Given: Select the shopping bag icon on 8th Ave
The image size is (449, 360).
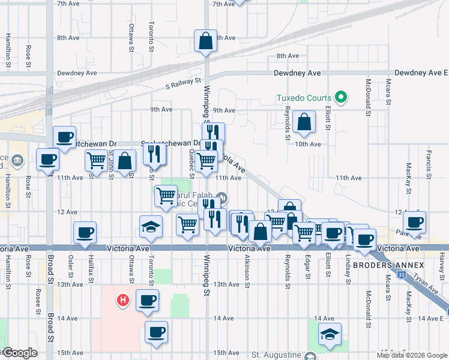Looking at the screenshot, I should click(x=205, y=42).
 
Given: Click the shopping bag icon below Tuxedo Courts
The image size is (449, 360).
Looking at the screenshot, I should click(x=305, y=121).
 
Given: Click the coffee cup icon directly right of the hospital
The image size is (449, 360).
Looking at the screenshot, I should click(x=147, y=300).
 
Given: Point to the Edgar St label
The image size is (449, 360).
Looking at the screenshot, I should click(x=307, y=268).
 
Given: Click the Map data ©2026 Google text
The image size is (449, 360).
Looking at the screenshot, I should click(x=412, y=355).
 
